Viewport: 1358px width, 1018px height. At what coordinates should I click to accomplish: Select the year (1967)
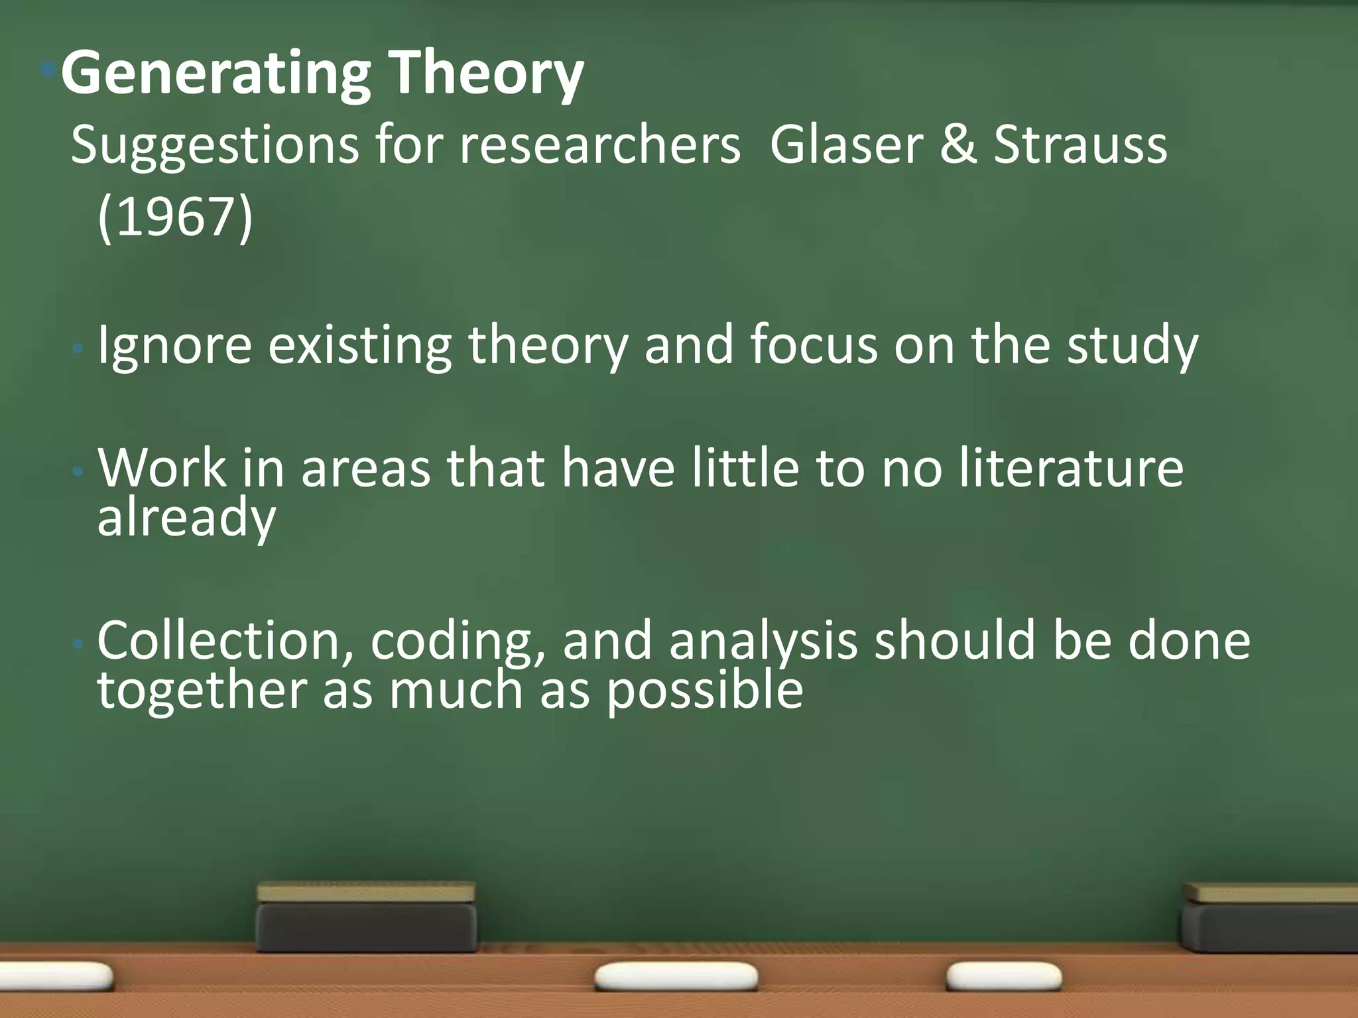[175, 217]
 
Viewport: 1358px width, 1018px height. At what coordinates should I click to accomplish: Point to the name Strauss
[1080, 144]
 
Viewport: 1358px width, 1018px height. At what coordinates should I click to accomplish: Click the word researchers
[599, 144]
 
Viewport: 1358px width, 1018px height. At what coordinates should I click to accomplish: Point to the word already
[186, 518]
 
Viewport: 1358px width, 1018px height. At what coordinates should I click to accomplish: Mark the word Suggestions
[214, 144]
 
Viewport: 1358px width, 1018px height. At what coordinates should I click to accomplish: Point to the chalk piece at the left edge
[56, 976]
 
